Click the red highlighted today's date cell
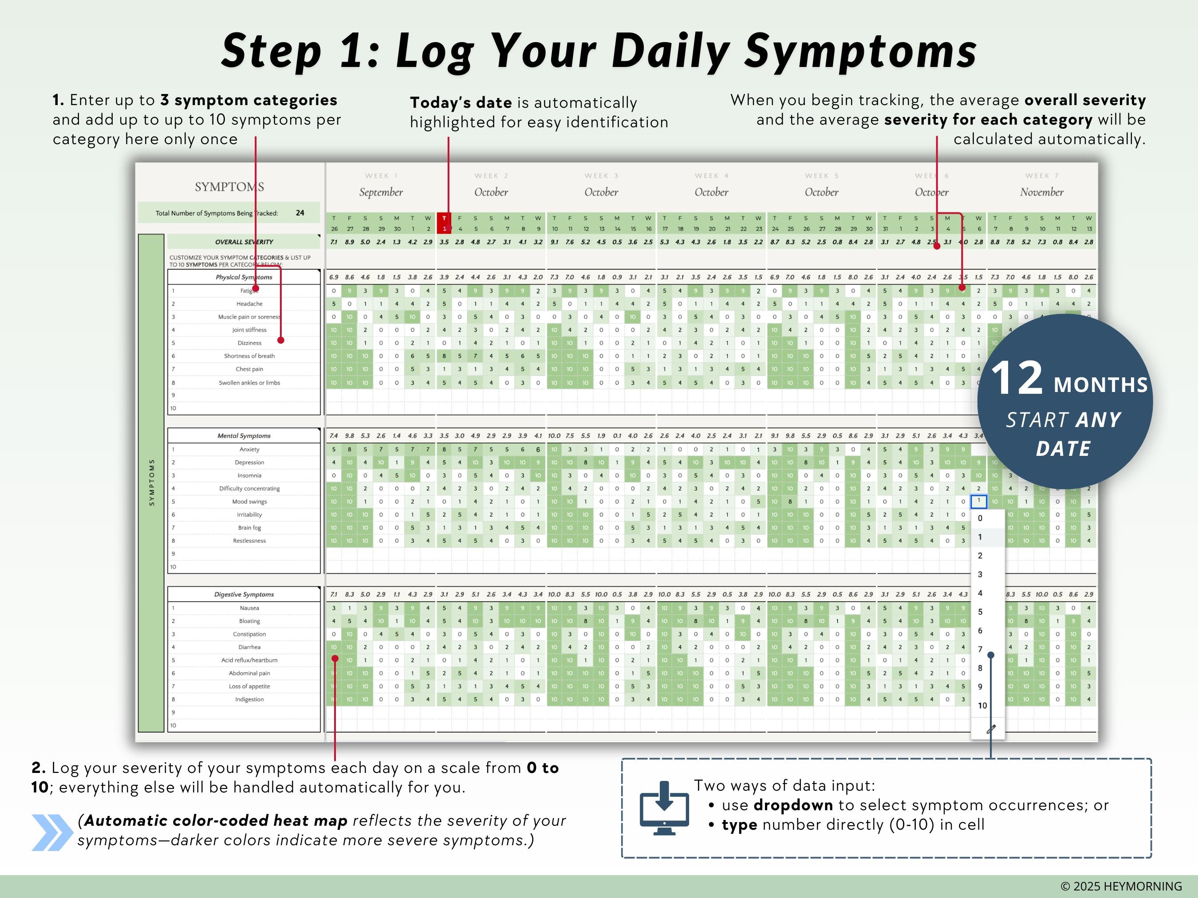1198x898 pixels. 444,223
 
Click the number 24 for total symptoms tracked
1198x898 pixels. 300,213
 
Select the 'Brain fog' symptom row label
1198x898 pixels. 249,528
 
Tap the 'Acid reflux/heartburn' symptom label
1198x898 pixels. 249,660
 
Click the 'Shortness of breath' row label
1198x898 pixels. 249,356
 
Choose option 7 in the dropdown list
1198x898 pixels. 980,649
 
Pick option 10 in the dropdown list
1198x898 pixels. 982,705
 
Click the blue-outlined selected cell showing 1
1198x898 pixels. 979,501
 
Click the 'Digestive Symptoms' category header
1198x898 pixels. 244,594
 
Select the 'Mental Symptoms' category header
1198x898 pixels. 244,436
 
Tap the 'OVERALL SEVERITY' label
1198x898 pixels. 244,242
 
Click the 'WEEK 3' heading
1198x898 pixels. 601,176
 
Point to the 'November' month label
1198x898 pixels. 1041,192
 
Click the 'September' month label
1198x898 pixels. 381,192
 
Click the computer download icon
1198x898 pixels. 664,808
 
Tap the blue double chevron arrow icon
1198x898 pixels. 52,832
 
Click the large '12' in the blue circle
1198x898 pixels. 1016,378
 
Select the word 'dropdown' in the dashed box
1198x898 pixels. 793,805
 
